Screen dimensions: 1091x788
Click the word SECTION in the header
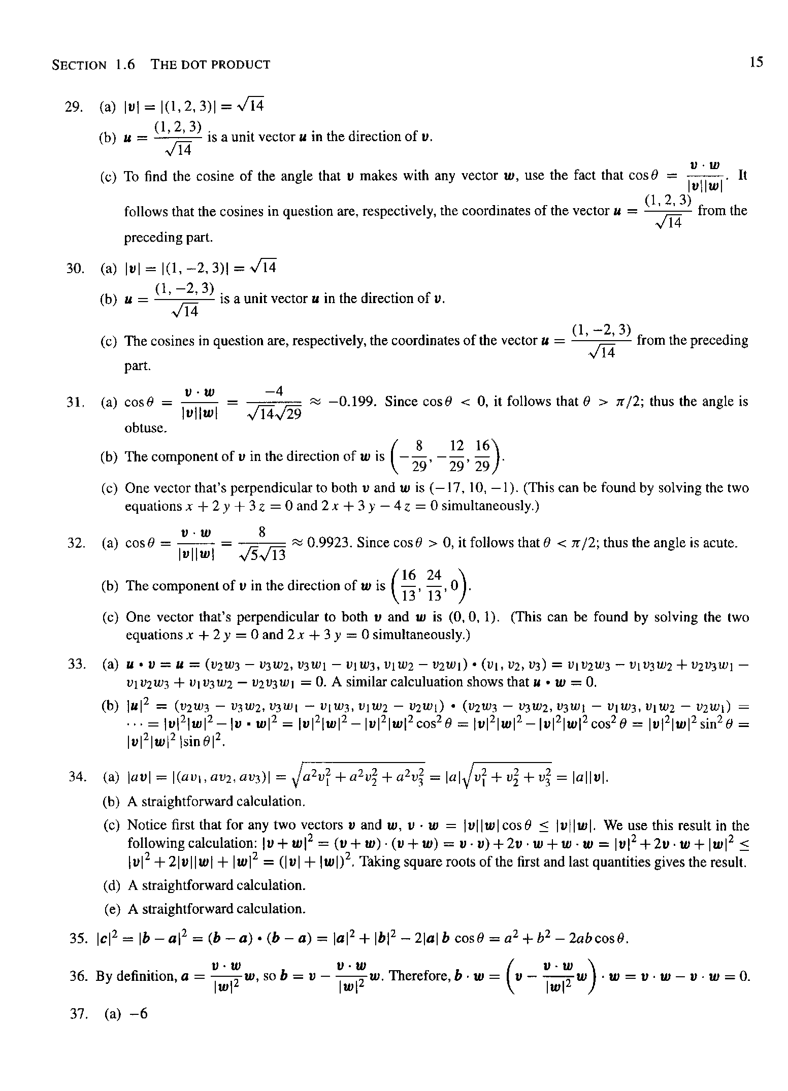[79, 65]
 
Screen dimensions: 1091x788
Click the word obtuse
[146, 428]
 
